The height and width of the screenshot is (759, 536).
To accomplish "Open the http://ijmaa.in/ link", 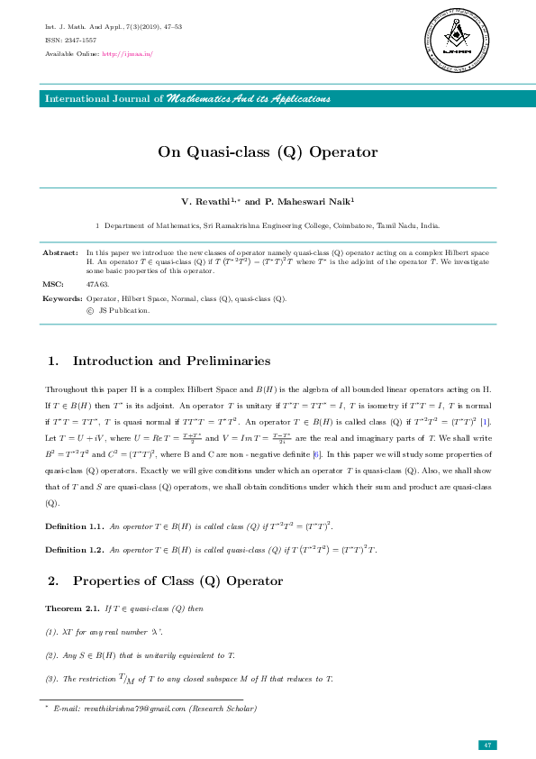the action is tap(128, 54).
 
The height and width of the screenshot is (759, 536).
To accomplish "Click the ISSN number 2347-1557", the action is tap(78, 40).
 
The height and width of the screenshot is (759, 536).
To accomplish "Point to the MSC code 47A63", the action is tap(96, 284).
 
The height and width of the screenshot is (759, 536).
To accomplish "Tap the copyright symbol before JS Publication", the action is tap(90, 310).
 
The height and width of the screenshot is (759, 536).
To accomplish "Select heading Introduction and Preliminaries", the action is tap(171, 361).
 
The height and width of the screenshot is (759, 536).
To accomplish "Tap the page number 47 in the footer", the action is tap(486, 745).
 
